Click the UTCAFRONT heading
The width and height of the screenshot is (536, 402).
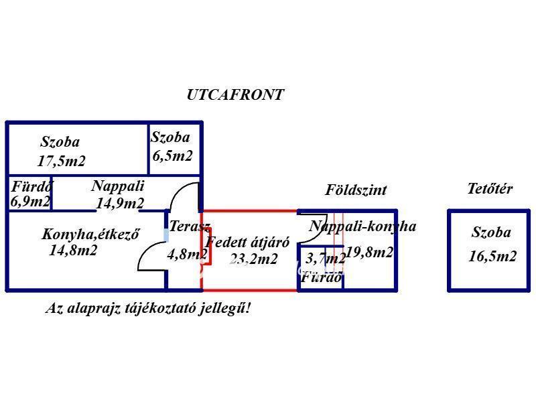235,95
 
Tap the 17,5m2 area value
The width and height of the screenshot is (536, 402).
61,161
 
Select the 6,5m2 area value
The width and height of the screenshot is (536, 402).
172,156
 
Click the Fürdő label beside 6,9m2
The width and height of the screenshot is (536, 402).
31,186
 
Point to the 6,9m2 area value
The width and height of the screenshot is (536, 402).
30,201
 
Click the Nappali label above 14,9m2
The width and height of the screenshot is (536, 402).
118,186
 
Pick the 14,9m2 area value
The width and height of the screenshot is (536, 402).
120,203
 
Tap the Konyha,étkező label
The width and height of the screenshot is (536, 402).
90,234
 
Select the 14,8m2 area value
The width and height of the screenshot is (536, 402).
73,251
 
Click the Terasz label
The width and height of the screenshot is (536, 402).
190,226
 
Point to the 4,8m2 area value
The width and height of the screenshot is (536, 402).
187,254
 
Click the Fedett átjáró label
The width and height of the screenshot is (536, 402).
247,243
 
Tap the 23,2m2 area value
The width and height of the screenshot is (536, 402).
253,259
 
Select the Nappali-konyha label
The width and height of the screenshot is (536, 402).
362,226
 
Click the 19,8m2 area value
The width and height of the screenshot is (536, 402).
369,253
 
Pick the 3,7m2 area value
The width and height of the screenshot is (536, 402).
326,258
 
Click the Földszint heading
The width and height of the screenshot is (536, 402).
356,190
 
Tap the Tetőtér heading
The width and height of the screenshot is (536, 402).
490,189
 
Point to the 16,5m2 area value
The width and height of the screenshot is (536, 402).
492,256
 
